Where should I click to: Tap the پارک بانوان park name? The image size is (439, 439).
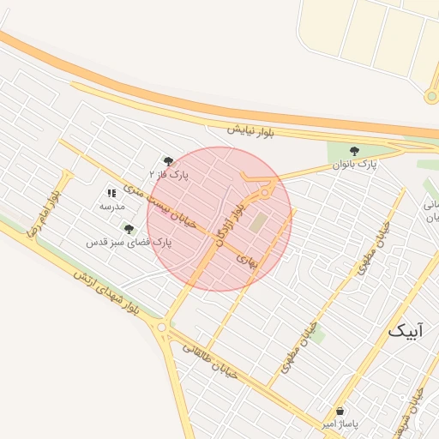[354, 163]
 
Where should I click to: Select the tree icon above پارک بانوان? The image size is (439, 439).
[354, 151]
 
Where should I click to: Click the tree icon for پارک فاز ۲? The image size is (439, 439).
[168, 160]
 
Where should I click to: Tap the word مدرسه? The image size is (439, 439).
[112, 207]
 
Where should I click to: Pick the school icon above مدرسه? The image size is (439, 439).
[111, 194]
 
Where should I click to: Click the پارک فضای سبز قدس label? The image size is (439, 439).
[129, 243]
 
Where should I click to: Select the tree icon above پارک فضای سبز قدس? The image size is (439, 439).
[129, 229]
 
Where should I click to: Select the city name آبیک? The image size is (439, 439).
[406, 330]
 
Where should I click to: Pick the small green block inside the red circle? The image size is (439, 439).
[259, 222]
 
